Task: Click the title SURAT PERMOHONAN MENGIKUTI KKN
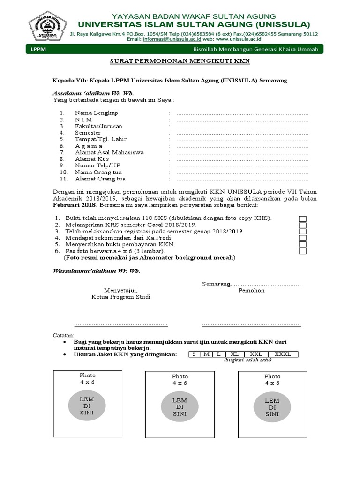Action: (x=180, y=61)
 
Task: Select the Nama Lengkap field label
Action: (x=96, y=113)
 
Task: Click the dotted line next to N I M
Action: (x=242, y=120)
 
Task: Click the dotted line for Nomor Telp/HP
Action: (x=242, y=165)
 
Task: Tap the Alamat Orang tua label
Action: (x=100, y=179)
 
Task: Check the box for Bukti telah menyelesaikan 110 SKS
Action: (x=302, y=218)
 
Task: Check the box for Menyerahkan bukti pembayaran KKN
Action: (x=302, y=244)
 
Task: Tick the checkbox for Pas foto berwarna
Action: (x=302, y=251)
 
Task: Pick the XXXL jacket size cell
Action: (x=282, y=354)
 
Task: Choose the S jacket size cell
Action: (x=194, y=354)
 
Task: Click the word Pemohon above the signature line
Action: (x=252, y=290)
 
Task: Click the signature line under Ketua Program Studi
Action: (x=121, y=324)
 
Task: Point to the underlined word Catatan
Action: (x=63, y=335)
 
